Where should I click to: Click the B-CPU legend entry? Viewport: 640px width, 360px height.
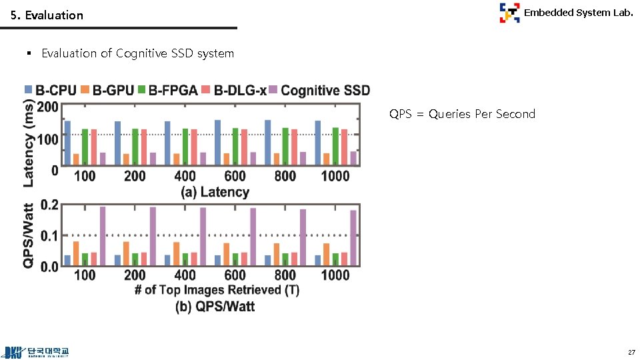pos(50,90)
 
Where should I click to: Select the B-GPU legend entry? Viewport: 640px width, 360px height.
pos(107,90)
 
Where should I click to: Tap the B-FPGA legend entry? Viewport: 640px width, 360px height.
pos(167,90)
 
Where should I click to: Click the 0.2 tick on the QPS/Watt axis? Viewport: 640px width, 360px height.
pos(49,205)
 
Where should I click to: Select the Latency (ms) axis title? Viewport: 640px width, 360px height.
pos(29,143)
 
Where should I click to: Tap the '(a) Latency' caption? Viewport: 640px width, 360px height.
pos(215,192)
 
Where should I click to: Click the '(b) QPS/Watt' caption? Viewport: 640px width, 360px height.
pos(215,307)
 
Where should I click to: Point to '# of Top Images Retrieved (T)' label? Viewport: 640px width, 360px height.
pos(217,290)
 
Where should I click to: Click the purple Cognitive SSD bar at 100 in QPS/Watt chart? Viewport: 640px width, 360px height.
pos(103,237)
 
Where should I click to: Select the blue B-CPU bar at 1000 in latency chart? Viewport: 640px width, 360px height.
pos(318,143)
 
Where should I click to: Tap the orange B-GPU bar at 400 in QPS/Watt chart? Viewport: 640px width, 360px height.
pos(177,254)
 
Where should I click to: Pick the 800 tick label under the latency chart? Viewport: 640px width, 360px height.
pos(285,176)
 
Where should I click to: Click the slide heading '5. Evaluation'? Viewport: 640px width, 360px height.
pos(47,15)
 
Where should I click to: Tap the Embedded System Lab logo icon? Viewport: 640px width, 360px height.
pos(509,13)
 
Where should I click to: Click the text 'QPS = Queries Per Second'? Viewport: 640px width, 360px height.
pos(462,114)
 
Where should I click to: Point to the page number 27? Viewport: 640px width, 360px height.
pos(631,352)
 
